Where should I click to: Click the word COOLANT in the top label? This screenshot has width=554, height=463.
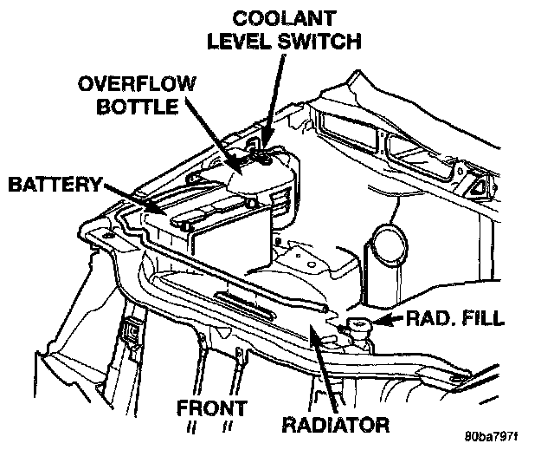click(284, 18)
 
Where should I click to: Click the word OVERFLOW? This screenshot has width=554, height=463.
click(137, 84)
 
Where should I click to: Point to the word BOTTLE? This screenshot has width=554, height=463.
click(137, 106)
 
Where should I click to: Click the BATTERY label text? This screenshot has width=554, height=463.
click(55, 185)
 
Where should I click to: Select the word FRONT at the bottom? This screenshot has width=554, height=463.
click(212, 408)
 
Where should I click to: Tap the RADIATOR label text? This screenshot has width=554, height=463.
click(336, 425)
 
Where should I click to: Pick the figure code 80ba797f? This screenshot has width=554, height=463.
click(492, 437)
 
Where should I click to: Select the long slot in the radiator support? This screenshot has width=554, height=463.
click(244, 304)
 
